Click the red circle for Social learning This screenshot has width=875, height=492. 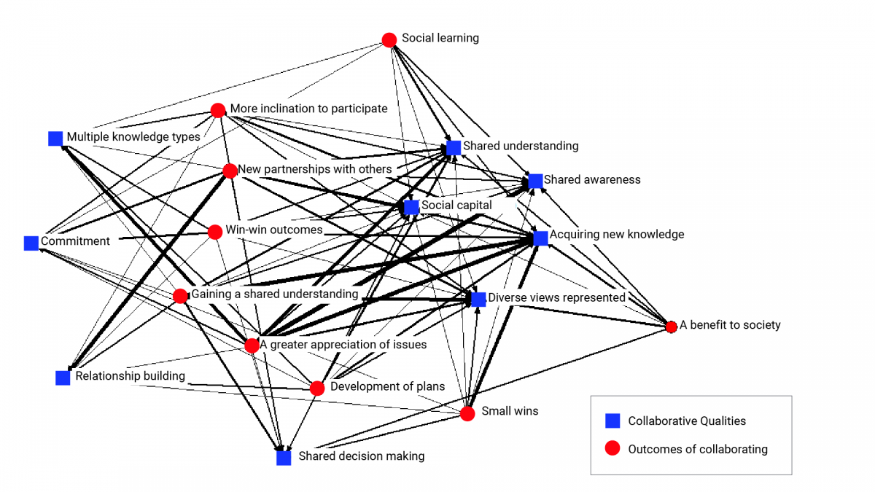(x=389, y=40)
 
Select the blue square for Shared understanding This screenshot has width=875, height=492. (x=454, y=147)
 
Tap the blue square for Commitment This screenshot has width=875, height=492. (x=31, y=243)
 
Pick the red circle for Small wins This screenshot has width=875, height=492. (x=468, y=413)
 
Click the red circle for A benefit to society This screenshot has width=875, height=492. (x=671, y=327)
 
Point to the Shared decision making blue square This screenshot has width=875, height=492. (x=284, y=458)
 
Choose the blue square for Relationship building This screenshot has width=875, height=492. (x=63, y=378)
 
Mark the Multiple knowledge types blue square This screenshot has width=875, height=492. (x=55, y=138)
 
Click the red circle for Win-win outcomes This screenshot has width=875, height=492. (x=215, y=232)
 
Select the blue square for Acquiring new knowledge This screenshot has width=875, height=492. (x=540, y=238)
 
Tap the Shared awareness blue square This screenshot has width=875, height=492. (x=535, y=181)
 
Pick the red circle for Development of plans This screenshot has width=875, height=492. (x=317, y=388)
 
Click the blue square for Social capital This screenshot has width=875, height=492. (x=411, y=207)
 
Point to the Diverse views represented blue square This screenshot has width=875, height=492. (x=478, y=299)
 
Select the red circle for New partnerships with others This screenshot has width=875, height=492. (x=230, y=171)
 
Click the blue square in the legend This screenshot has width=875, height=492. (x=612, y=421)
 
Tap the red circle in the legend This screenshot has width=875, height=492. (x=612, y=448)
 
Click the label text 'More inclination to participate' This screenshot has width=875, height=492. (x=308, y=109)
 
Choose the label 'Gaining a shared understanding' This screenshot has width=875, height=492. (x=275, y=294)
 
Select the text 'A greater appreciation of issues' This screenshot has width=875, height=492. (x=343, y=344)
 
